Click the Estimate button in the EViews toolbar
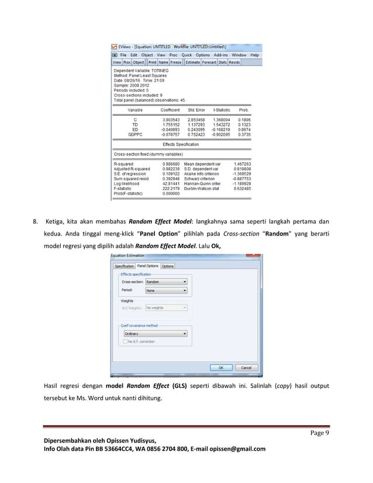(192, 61)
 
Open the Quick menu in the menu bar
(186, 54)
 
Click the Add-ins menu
(221, 54)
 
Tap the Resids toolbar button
(234, 61)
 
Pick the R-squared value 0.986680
(171, 164)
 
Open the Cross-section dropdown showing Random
(166, 281)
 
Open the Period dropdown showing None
(166, 290)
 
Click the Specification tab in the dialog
(124, 266)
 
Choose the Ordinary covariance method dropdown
(155, 334)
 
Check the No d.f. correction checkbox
(125, 341)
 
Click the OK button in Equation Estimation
(222, 368)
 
